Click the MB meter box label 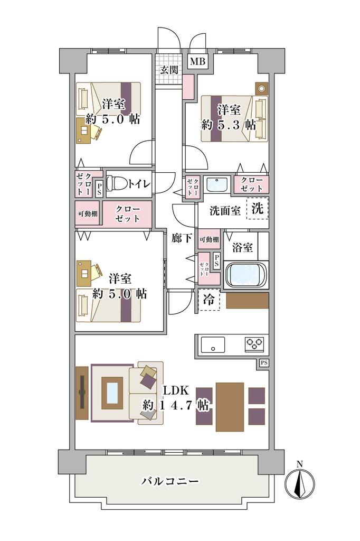(198, 62)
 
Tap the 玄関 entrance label (168, 70)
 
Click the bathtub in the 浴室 (245, 275)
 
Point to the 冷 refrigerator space (209, 300)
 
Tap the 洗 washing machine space (257, 208)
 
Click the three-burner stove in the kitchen (254, 343)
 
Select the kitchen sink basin (213, 344)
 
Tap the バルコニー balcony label (170, 481)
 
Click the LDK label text (176, 391)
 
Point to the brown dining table (230, 407)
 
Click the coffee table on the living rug (112, 393)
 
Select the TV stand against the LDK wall (82, 393)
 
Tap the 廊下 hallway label (182, 238)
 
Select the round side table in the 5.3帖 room (261, 88)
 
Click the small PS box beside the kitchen (264, 363)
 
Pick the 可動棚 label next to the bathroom (210, 239)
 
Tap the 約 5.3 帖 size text (229, 125)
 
